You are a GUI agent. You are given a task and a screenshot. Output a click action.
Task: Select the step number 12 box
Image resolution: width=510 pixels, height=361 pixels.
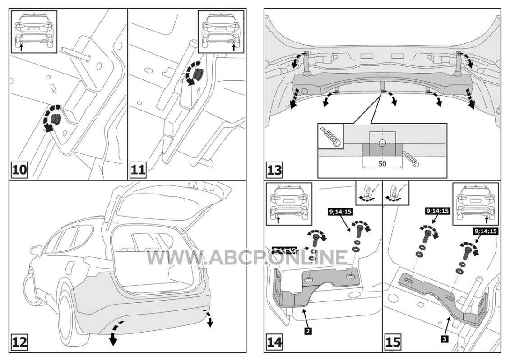point(20,342)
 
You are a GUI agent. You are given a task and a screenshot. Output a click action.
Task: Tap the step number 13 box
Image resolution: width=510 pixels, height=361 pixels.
point(275,171)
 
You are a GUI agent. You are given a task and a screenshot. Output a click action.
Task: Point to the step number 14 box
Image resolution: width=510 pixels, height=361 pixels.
point(275,342)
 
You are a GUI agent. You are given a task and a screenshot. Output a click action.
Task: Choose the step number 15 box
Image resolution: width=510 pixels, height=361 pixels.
point(393,342)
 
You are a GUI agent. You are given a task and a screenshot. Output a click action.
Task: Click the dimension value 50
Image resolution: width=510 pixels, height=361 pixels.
point(382,163)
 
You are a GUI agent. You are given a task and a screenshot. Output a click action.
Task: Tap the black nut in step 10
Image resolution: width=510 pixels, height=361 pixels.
point(56,118)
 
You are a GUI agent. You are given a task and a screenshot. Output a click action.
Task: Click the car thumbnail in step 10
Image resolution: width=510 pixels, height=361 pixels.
point(34,32)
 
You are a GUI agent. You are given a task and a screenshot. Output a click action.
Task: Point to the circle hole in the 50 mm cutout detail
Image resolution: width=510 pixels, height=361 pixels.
point(382,143)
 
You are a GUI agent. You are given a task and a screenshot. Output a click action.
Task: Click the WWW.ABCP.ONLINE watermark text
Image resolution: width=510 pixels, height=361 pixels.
point(247,257)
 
